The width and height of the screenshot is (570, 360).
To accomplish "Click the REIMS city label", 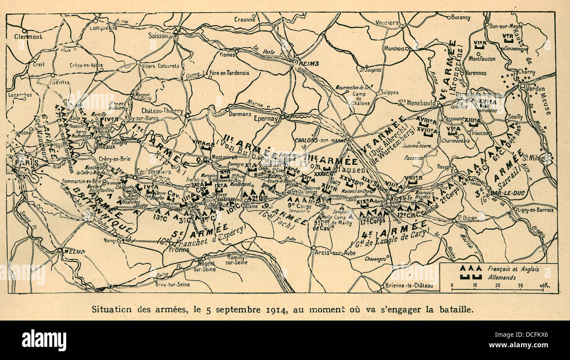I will [310, 64].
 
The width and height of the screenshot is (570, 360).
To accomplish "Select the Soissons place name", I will [159, 36].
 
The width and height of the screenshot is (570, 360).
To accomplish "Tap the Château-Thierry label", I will [162, 111].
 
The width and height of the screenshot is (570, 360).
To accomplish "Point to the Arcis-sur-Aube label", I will [332, 253].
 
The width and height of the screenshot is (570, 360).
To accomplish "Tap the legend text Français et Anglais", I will [513, 268].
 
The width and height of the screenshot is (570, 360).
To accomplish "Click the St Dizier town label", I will [466, 217].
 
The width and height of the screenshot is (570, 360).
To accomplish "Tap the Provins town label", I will [179, 250].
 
